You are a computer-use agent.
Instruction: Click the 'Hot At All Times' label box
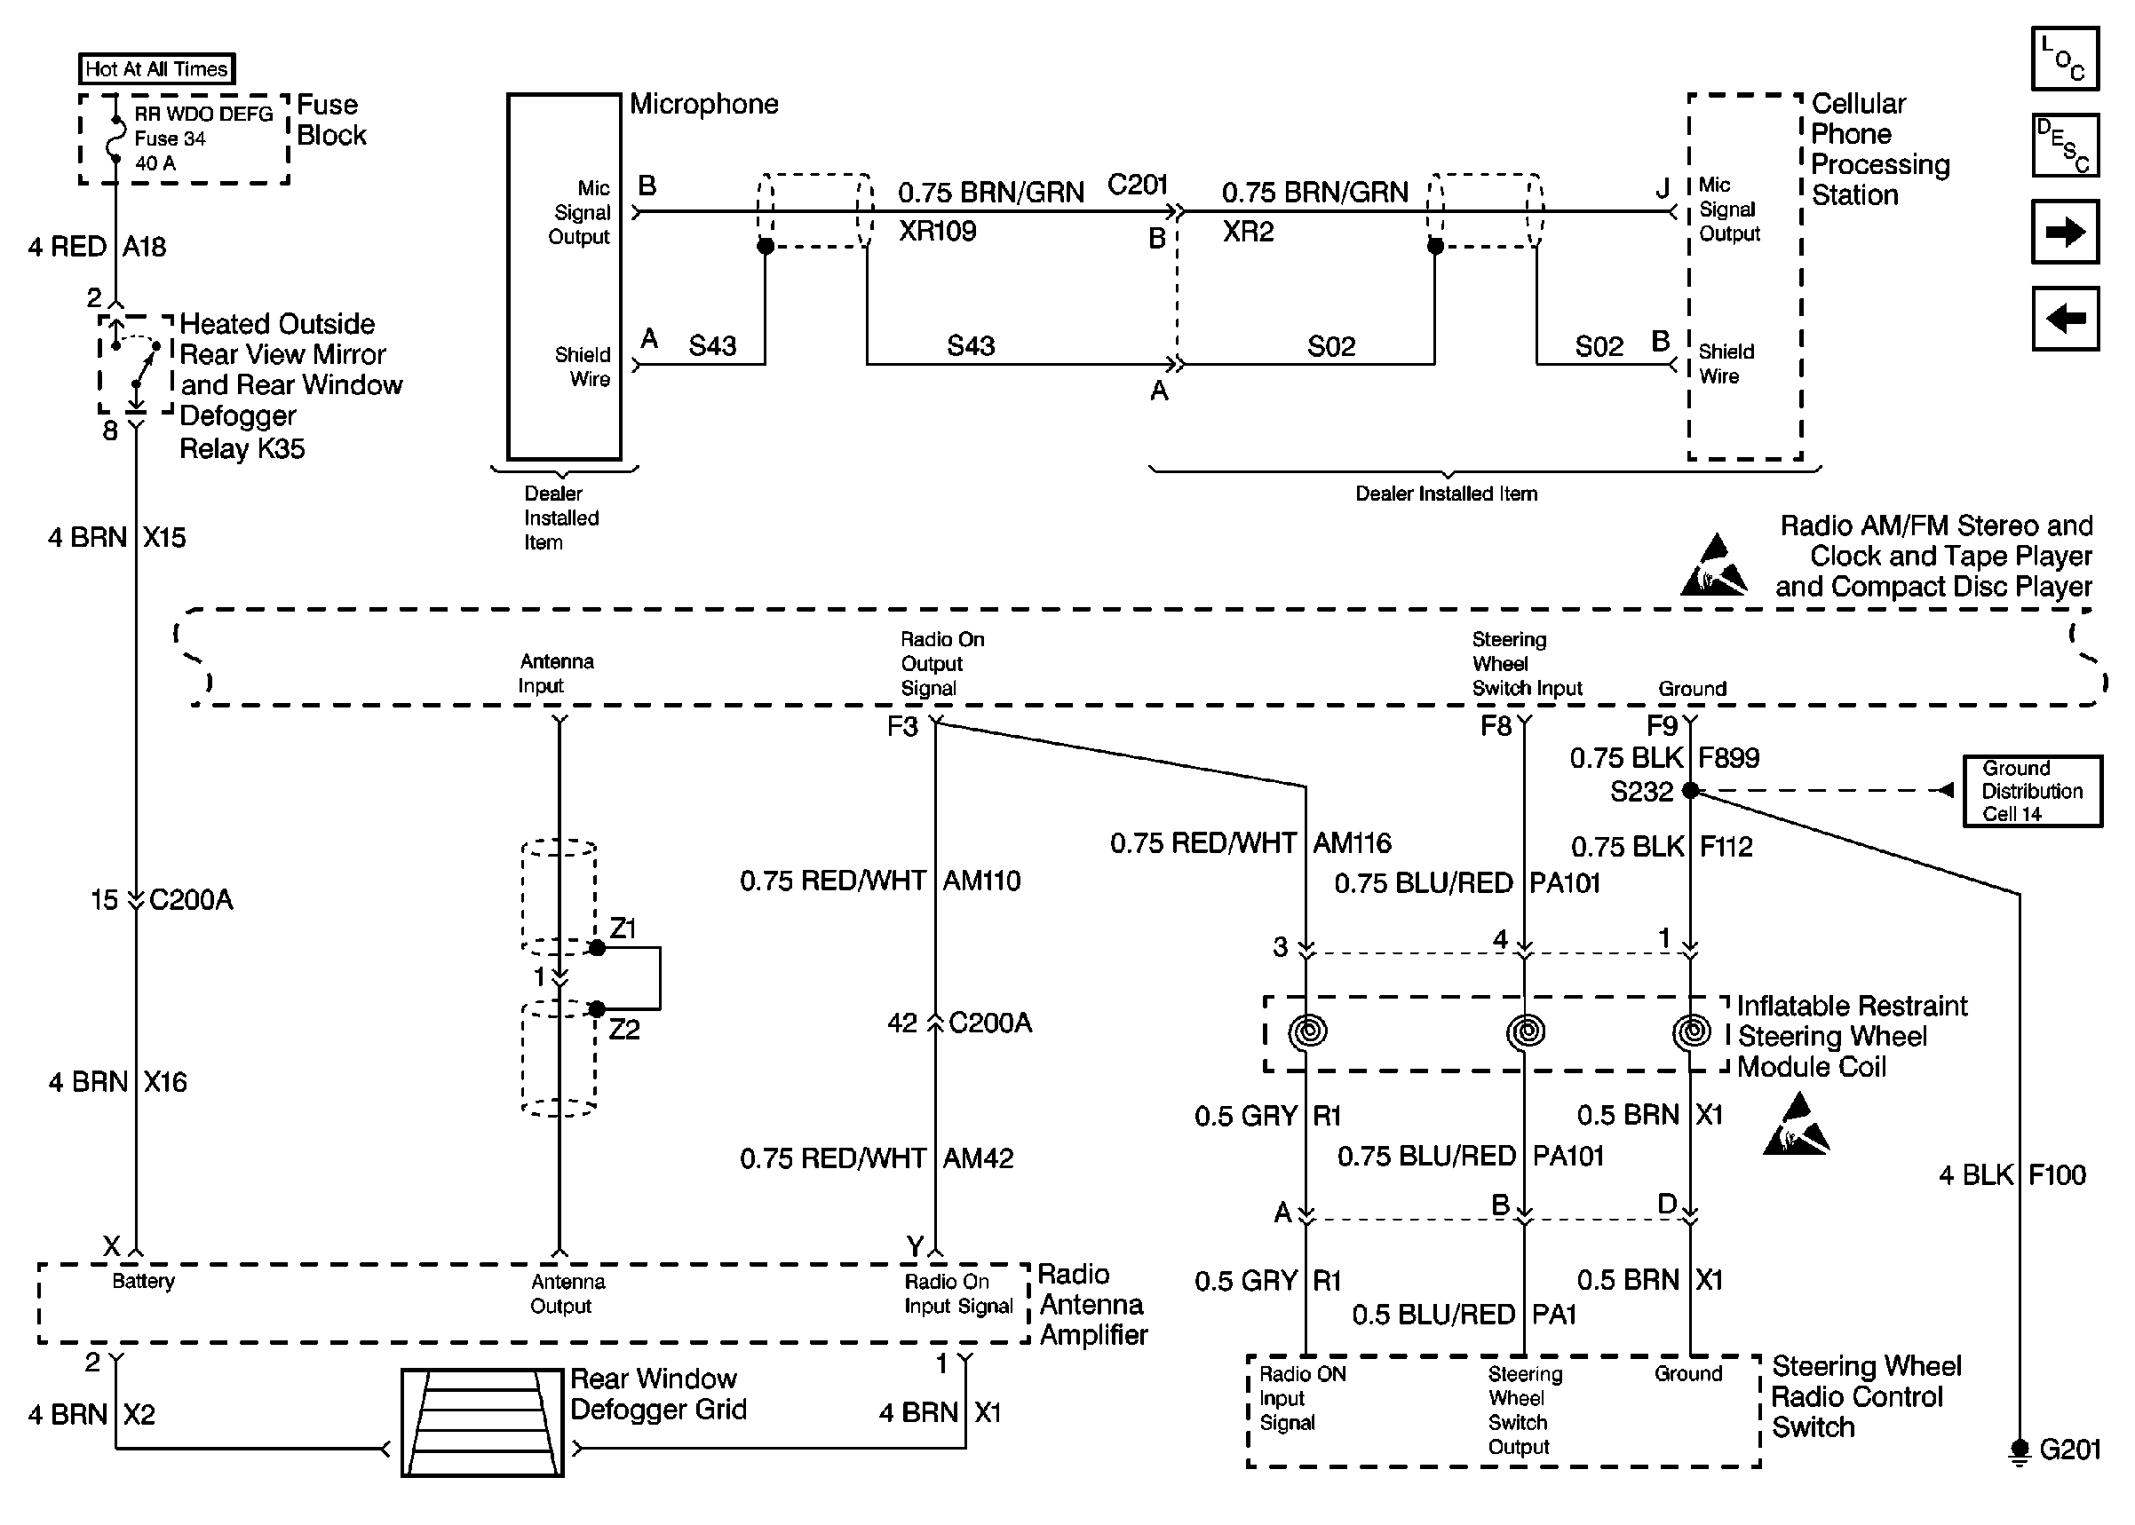[156, 68]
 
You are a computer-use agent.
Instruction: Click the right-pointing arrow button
[2065, 231]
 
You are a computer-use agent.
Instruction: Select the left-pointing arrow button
[2065, 319]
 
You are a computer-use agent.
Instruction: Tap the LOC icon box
[2065, 59]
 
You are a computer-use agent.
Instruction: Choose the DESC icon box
[2065, 145]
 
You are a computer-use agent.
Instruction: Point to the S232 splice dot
[1690, 791]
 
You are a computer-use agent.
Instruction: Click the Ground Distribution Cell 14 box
[2033, 791]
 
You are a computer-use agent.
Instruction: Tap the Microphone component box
[564, 276]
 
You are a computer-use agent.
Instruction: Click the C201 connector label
[1138, 184]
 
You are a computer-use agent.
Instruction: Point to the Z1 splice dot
[597, 948]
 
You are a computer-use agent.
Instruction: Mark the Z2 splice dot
[597, 1009]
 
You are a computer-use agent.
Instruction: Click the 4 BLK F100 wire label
[2012, 1174]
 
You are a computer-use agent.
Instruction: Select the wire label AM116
[1352, 842]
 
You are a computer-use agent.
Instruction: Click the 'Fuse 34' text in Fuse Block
[169, 138]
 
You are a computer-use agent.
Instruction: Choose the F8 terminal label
[1496, 726]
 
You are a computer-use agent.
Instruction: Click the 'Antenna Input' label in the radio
[555, 674]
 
